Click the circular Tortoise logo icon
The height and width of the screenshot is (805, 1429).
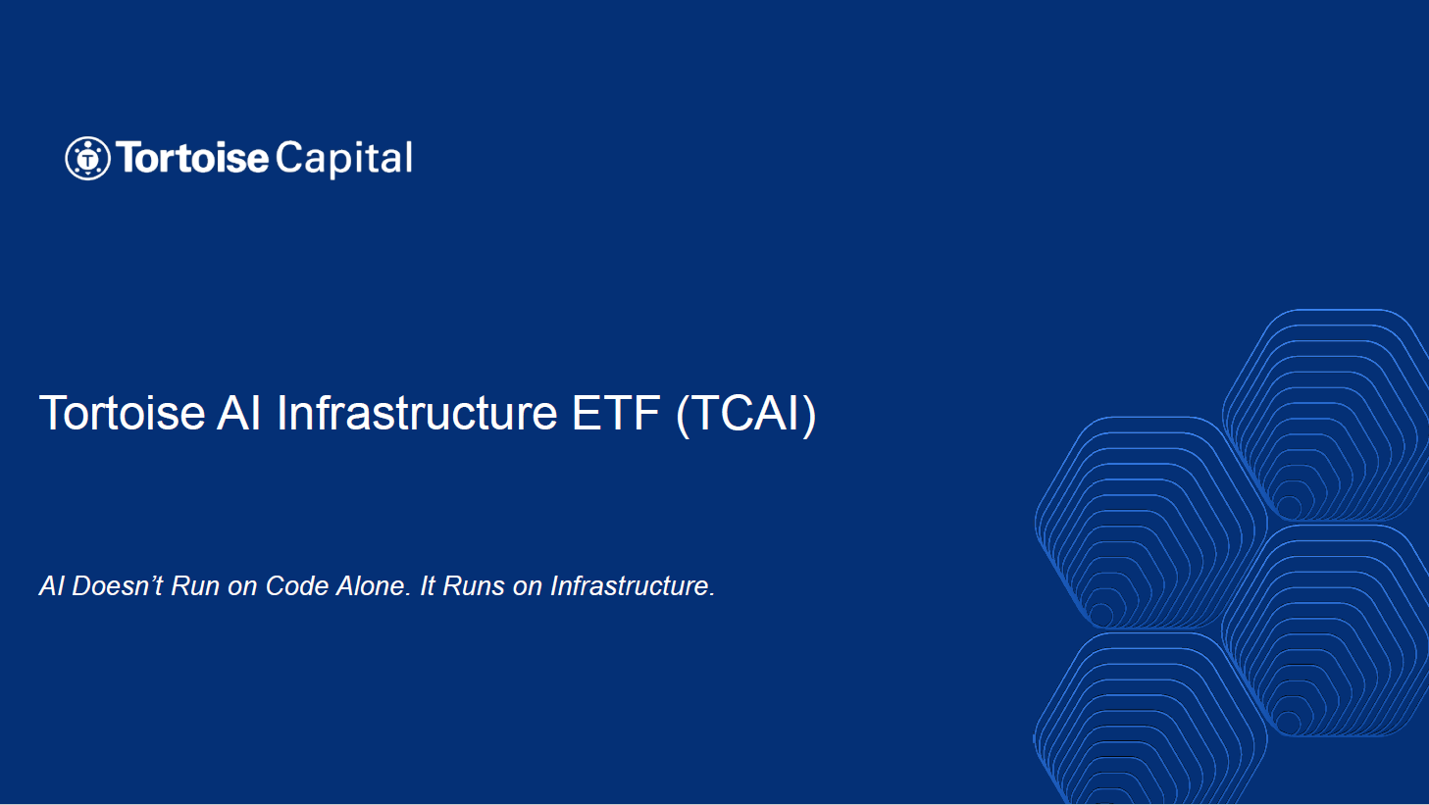(87, 158)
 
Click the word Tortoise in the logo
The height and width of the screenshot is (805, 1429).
(192, 158)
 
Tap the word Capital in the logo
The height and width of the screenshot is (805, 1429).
(344, 159)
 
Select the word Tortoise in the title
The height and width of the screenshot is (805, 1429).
(122, 414)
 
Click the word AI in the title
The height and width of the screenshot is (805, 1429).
(238, 414)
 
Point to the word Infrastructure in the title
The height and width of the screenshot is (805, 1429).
(417, 414)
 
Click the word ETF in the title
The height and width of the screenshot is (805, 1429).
(616, 414)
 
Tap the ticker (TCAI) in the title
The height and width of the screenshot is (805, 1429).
(745, 415)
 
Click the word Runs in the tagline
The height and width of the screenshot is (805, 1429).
(474, 585)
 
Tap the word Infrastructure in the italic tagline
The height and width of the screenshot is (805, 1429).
(633, 585)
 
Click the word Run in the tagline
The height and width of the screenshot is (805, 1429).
(194, 585)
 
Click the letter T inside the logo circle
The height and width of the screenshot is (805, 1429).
(87, 160)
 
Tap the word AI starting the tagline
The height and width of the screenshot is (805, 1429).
(51, 585)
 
